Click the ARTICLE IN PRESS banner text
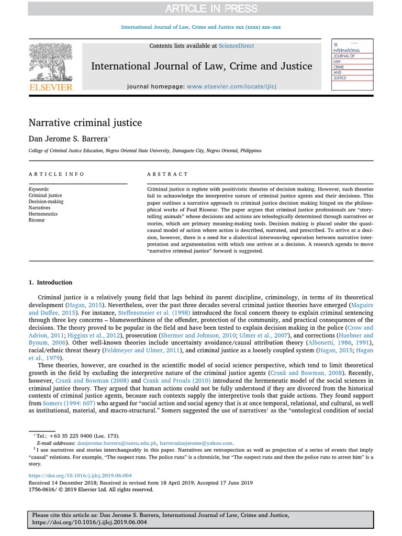coord(211,8)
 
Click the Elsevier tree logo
coord(50,62)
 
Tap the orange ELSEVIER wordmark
coord(50,87)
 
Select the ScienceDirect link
coord(236,46)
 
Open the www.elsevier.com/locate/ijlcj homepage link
coord(231,86)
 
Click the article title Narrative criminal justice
coord(85,123)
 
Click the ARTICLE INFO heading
coord(56,174)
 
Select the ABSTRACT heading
coord(167,174)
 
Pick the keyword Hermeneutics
coord(43,214)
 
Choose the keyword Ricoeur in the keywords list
coord(37,220)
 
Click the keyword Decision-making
coord(46,202)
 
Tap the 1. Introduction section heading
coord(50,283)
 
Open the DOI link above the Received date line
coord(80,476)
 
